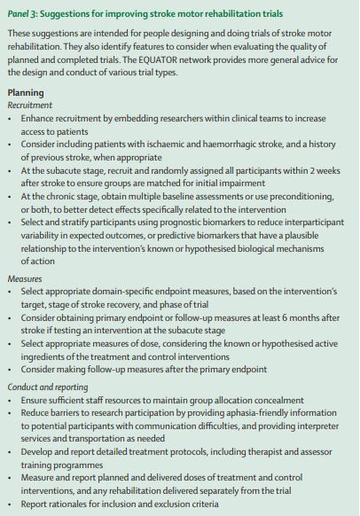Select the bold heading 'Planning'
click(x=27, y=92)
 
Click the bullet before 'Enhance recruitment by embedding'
click(x=11, y=118)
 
